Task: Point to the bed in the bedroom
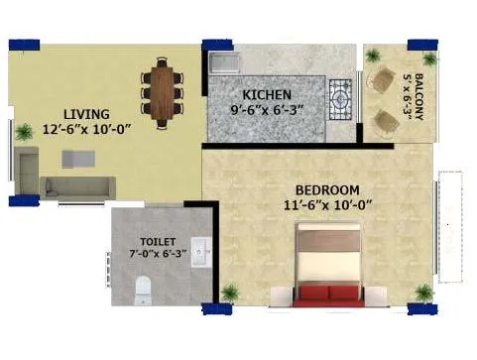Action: tap(325, 260)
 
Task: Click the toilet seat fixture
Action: tap(143, 289)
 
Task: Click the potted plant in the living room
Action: tap(23, 131)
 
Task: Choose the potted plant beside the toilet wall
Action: tap(230, 294)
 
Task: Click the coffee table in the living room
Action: tap(77, 159)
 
